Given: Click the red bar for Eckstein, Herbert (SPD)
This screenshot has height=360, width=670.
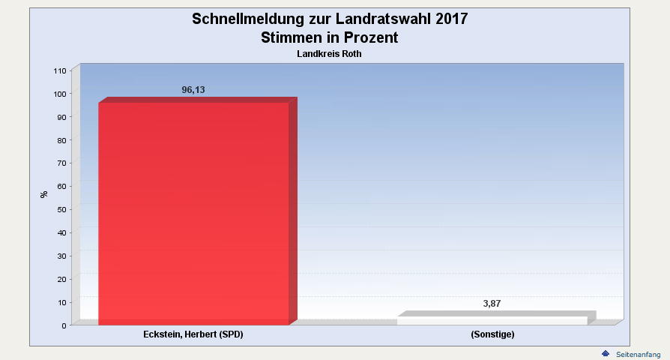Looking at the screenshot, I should point(193,214).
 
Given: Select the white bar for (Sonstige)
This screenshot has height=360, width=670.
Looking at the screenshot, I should point(492,320).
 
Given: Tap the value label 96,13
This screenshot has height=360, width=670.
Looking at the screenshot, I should point(193,90).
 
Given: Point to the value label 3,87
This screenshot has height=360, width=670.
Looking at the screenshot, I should point(492,304).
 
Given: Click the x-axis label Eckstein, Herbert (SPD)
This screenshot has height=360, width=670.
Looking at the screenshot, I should point(193,334).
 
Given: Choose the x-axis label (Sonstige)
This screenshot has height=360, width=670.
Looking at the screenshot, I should point(492,334).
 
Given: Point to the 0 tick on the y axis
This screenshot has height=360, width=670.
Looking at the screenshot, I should point(64,325).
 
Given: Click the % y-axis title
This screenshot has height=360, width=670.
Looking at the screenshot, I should point(44,194).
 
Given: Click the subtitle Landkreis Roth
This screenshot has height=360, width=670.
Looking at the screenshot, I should point(330,54).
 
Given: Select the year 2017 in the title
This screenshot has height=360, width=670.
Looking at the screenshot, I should point(448,19).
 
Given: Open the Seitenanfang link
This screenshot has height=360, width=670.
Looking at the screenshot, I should point(638,353).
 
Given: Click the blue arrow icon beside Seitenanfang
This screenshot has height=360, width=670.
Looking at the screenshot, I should point(606,352).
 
